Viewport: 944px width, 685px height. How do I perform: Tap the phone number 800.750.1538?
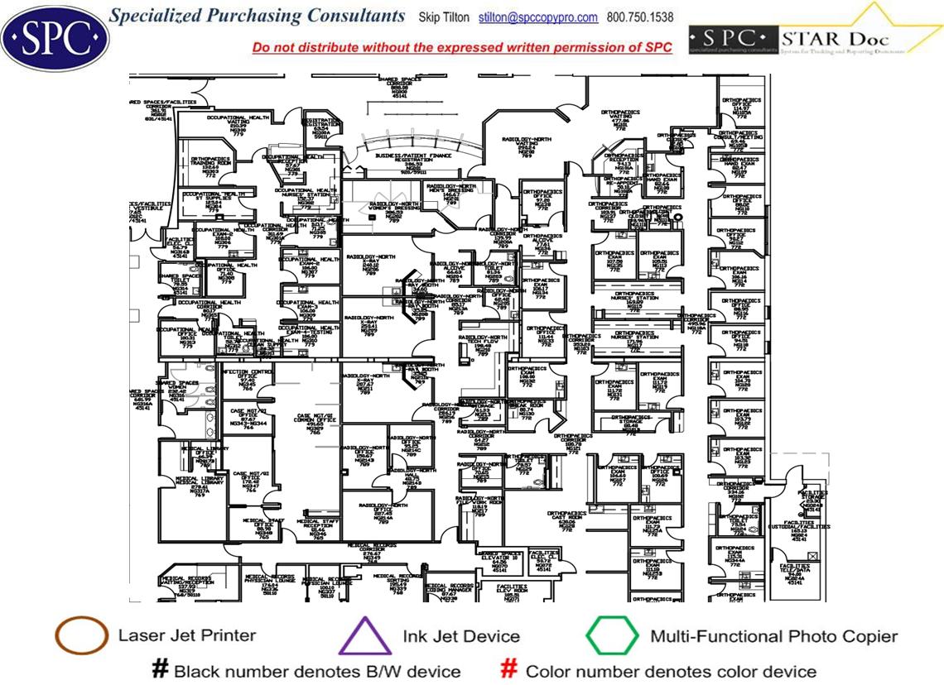(640, 17)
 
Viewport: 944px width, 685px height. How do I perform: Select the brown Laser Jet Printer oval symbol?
(81, 636)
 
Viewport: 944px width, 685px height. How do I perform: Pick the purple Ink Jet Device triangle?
(365, 637)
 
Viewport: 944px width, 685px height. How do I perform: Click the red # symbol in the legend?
(510, 669)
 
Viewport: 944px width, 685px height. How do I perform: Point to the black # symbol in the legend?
(160, 669)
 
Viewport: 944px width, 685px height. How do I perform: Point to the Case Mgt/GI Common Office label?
(315, 422)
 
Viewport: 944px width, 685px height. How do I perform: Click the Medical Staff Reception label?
(318, 528)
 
